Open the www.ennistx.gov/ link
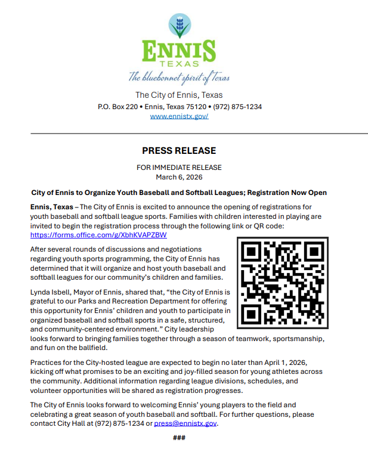[179, 116]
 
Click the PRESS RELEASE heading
[179, 150]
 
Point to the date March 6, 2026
[179, 177]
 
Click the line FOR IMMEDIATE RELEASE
[179, 168]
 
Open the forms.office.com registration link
[99, 235]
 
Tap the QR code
[283, 282]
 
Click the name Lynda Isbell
[54, 293]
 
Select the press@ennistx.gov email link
[185, 423]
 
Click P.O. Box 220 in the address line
[117, 107]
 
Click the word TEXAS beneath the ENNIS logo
[179, 64]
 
